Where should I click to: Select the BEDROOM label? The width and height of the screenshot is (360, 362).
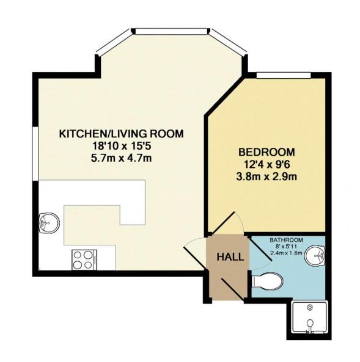[266, 151]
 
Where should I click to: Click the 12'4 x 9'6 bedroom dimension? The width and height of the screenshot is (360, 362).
[266, 164]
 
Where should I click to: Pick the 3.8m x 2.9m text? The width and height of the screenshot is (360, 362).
[266, 177]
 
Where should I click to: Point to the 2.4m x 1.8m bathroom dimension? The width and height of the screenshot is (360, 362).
[286, 254]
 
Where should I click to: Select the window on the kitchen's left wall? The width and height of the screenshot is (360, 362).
[35, 152]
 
